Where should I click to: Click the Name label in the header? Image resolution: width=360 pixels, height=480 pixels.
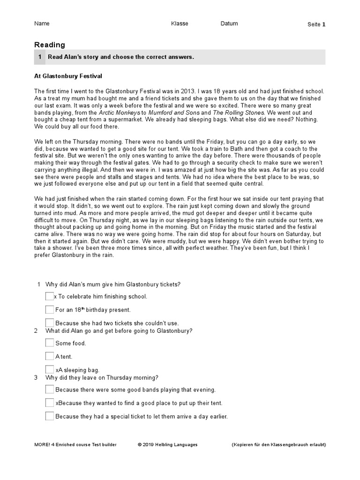pyautogui.click(x=42, y=23)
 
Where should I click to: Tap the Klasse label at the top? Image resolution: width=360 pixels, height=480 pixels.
pyautogui.click(x=180, y=23)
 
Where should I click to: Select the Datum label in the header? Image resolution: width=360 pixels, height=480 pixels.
pyautogui.click(x=229, y=23)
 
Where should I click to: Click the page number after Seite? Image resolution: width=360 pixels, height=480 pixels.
pyautogui.click(x=323, y=24)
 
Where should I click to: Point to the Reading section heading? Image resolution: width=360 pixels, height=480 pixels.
pyautogui.click(x=50, y=45)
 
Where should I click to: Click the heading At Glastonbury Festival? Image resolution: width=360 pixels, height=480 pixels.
pyautogui.click(x=68, y=75)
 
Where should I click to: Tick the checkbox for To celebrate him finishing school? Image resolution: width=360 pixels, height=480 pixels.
pyautogui.click(x=50, y=296)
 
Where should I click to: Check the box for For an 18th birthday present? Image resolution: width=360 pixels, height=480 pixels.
pyautogui.click(x=50, y=309)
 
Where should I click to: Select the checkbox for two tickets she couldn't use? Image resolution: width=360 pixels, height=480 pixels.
pyautogui.click(x=50, y=322)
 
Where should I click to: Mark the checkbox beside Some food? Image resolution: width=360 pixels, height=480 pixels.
pyautogui.click(x=50, y=343)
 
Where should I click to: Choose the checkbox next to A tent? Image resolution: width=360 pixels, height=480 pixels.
pyautogui.click(x=50, y=356)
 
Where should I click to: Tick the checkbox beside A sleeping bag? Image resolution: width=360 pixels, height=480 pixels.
pyautogui.click(x=50, y=369)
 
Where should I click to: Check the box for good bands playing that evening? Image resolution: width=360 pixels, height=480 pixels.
pyautogui.click(x=50, y=389)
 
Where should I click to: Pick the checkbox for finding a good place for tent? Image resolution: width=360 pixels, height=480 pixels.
pyautogui.click(x=50, y=403)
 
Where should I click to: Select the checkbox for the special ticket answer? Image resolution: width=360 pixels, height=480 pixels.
pyautogui.click(x=50, y=416)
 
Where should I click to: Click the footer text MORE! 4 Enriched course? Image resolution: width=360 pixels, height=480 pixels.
pyautogui.click(x=75, y=444)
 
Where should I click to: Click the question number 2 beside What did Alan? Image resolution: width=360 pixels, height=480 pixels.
pyautogui.click(x=36, y=331)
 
